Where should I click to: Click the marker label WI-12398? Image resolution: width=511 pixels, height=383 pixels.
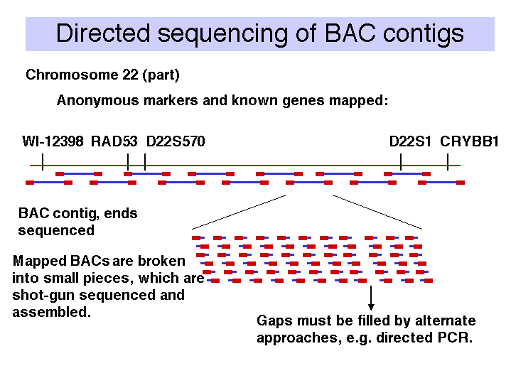[x=53, y=141]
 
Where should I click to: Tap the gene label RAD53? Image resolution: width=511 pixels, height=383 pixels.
[x=114, y=141]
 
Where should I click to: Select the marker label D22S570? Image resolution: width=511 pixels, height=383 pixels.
[x=176, y=141]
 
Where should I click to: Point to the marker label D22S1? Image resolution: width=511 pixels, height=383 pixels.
[x=410, y=141]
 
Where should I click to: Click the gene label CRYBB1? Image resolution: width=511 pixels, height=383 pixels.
[x=469, y=141]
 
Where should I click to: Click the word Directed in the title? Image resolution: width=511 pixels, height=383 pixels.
[x=103, y=33]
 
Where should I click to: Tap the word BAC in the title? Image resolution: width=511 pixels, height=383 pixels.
[x=350, y=33]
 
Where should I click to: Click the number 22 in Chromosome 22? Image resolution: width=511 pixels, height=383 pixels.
[x=130, y=75]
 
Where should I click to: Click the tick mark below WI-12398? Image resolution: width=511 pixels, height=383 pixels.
[x=43, y=162]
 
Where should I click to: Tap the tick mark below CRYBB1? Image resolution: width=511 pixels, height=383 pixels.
[x=448, y=162]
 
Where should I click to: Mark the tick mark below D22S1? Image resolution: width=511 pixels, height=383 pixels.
[x=401, y=162]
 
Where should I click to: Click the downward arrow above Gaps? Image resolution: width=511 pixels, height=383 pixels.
[x=371, y=298]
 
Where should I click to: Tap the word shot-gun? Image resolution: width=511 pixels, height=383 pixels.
[x=43, y=296]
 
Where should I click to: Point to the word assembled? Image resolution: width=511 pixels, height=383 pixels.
[x=51, y=312]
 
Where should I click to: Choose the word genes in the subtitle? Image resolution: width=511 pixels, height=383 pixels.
[x=303, y=101]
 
